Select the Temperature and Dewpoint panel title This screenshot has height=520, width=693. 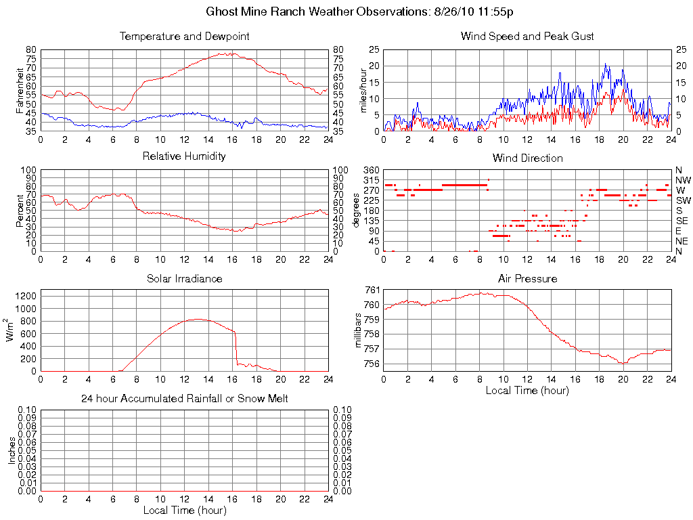tap(184, 37)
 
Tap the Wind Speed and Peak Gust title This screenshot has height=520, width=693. tap(527, 37)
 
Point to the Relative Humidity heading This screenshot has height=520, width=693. tap(184, 156)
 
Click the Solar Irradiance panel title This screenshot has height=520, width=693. tap(184, 278)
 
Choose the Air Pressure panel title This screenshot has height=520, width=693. tap(527, 278)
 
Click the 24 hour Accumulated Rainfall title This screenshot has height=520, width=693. tap(184, 399)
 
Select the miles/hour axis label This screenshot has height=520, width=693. tap(363, 90)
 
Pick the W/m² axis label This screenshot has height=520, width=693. tap(12, 330)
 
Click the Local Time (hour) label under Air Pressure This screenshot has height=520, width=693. tap(527, 391)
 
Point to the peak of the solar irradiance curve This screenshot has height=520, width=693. tap(197, 319)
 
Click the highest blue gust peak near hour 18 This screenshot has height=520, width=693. tap(606, 64)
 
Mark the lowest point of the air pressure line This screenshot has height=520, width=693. tap(623, 364)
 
